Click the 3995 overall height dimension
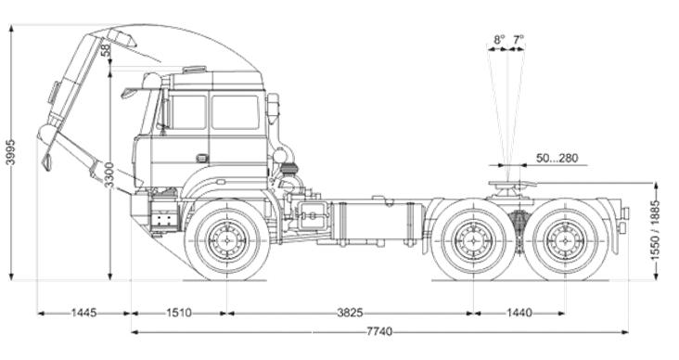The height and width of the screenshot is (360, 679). click(x=10, y=152)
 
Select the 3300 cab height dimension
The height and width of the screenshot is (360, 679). click(x=109, y=175)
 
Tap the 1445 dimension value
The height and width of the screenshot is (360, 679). click(x=84, y=313)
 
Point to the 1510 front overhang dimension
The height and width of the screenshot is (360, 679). click(x=179, y=313)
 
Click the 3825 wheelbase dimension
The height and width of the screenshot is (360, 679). click(x=350, y=313)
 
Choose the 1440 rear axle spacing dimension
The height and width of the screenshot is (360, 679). click(x=519, y=313)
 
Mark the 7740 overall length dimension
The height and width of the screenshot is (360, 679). click(x=379, y=332)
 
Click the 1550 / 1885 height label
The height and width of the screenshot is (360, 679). click(x=656, y=230)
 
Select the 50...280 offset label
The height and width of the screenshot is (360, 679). click(x=557, y=158)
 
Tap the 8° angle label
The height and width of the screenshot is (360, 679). click(x=499, y=39)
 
